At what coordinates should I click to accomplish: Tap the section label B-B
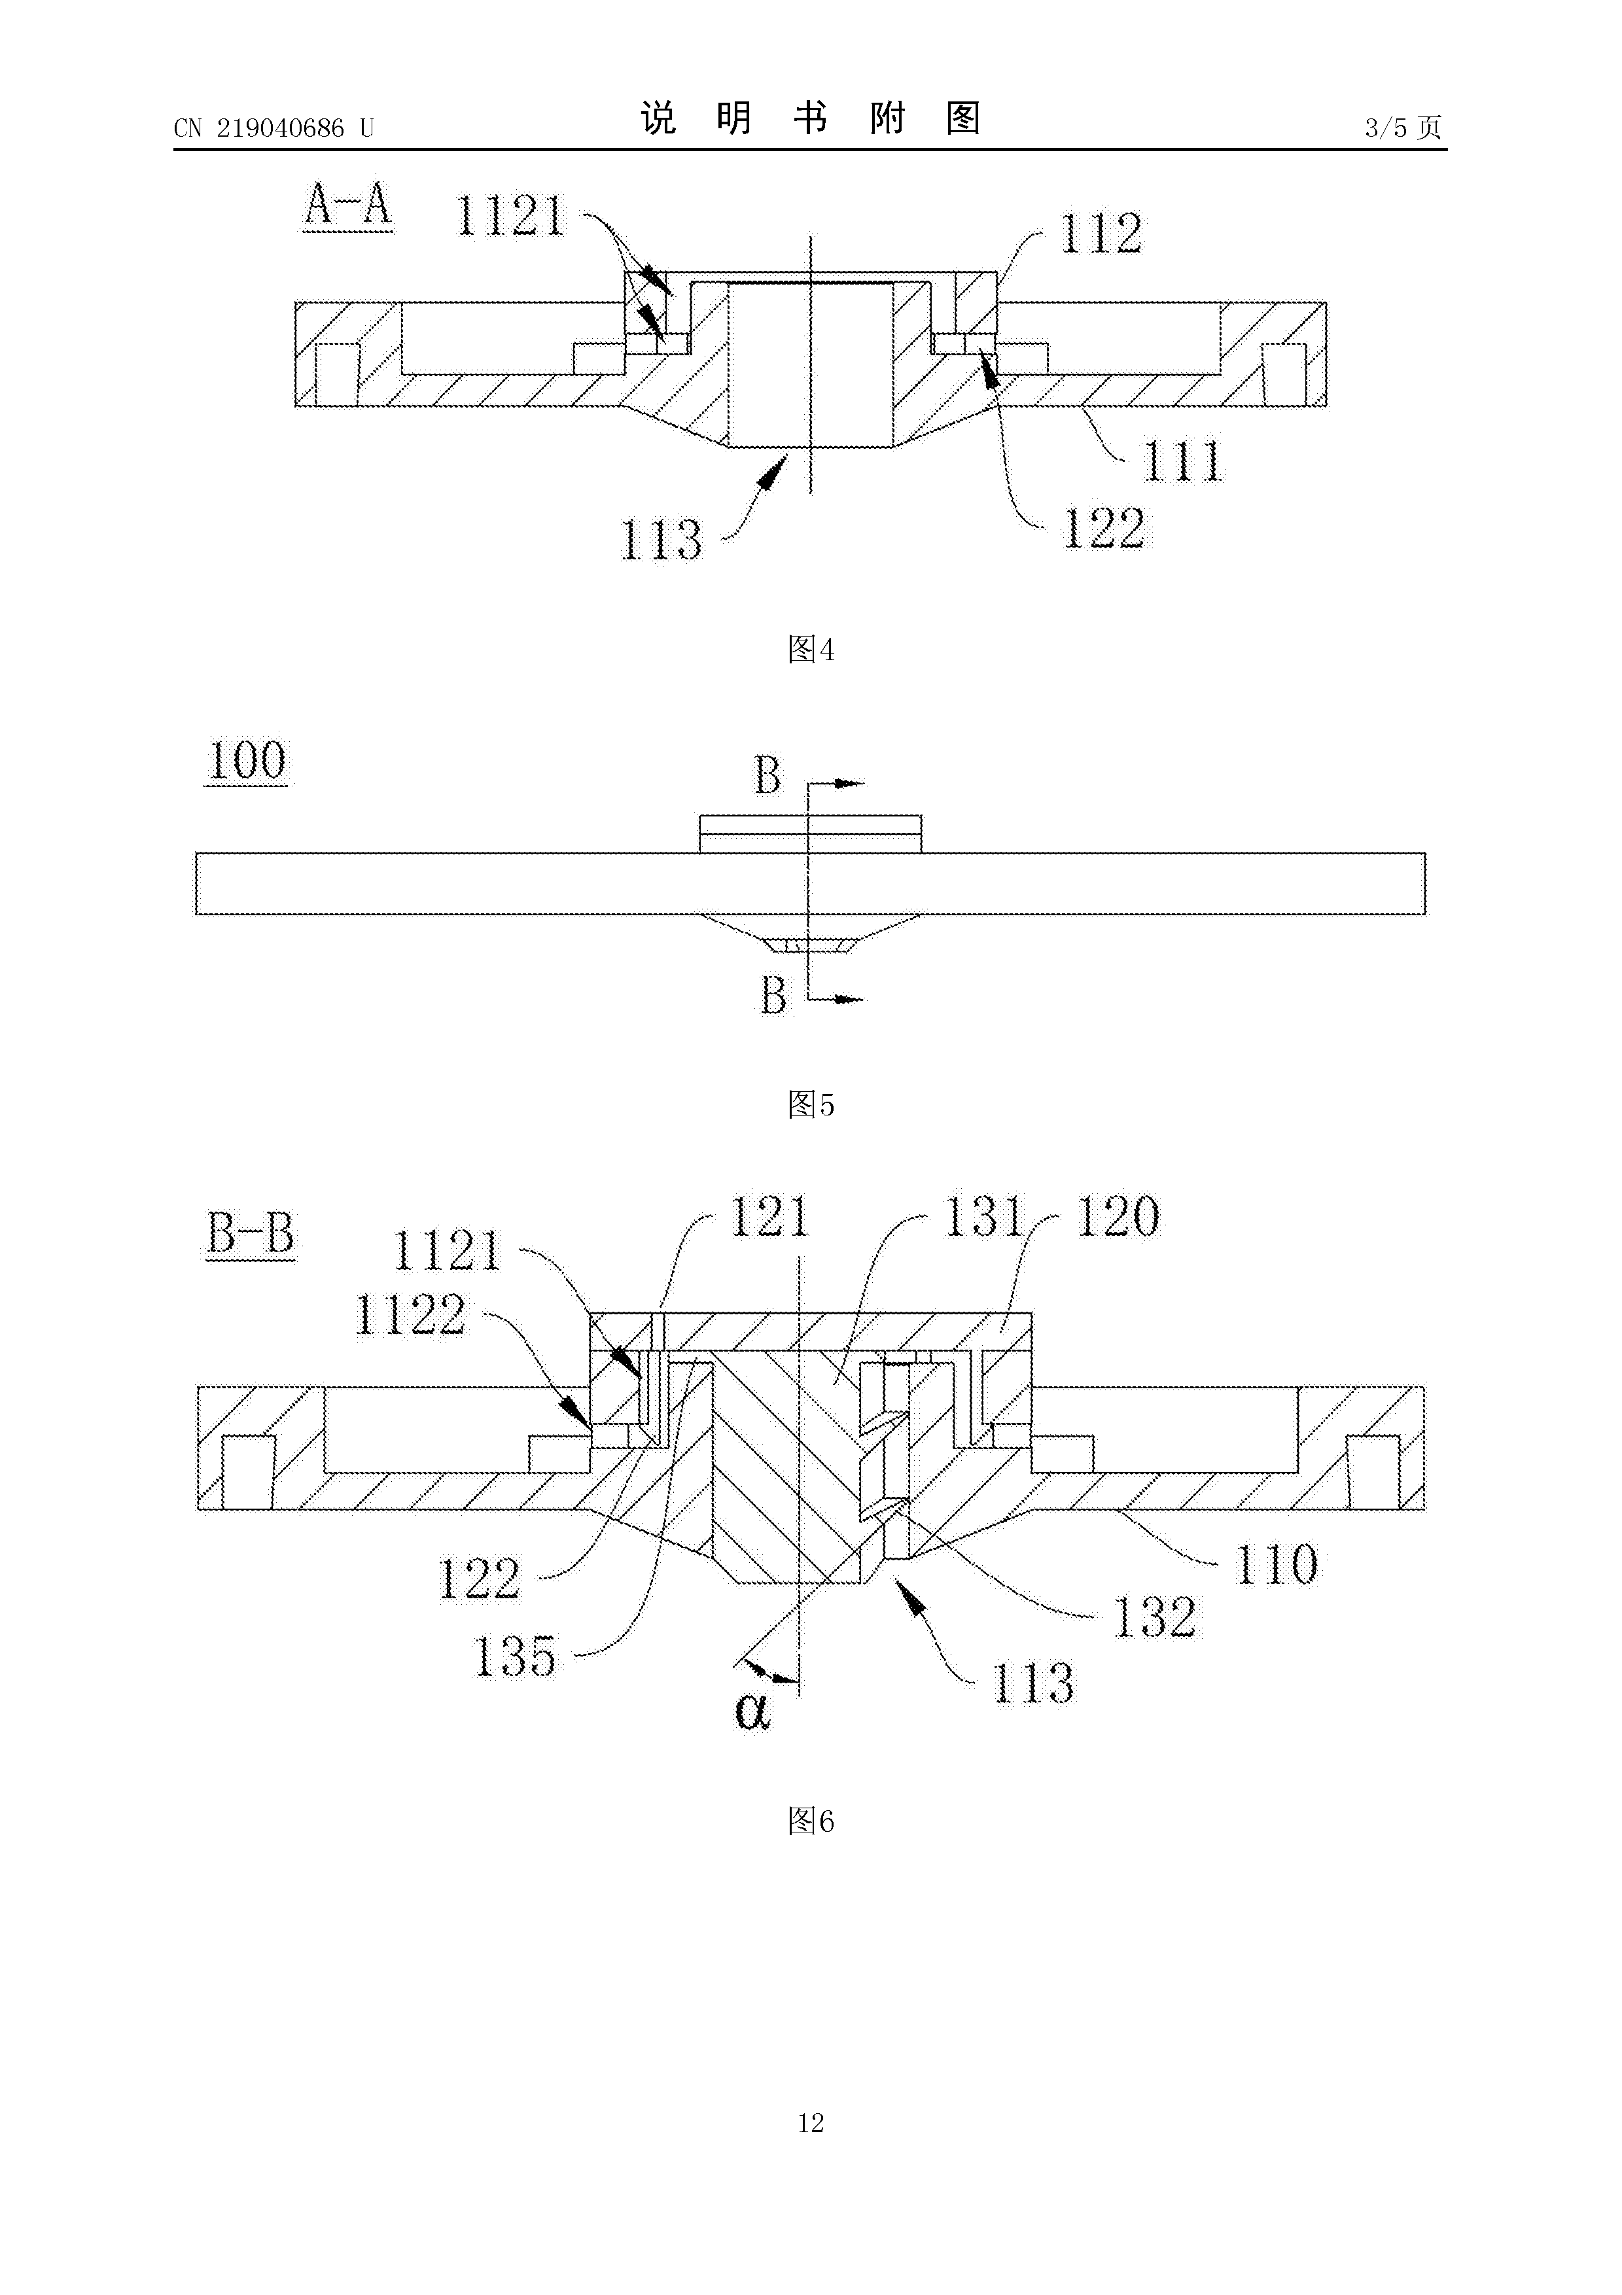coord(251,1233)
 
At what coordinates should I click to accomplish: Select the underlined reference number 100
coord(246,761)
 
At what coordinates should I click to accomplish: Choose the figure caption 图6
coord(811,1821)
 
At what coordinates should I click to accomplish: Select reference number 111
coord(1183,461)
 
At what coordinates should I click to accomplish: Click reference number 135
coord(515,1656)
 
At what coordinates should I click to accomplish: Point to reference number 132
coord(1154,1617)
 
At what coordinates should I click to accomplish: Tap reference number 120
coord(1118,1216)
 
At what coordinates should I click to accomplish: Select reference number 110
coord(1277,1564)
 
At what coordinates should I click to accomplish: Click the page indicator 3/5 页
coord(1403,128)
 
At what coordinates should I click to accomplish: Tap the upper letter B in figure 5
coord(767,776)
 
